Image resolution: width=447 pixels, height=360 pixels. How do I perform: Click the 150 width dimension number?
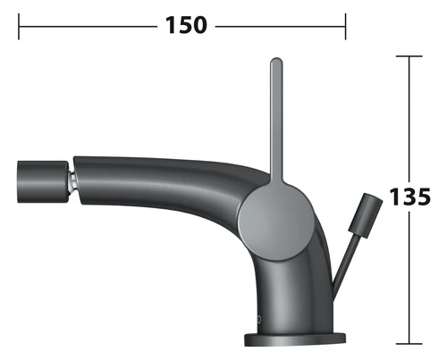186,25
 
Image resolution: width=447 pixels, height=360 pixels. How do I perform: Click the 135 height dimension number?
410,197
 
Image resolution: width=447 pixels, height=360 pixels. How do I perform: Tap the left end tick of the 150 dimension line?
19,27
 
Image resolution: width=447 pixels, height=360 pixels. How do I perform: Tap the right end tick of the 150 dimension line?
346,27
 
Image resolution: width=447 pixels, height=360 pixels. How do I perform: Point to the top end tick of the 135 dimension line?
409,56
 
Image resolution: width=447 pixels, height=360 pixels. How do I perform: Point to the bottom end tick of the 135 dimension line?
409,344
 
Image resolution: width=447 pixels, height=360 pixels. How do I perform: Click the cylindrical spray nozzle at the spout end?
43,182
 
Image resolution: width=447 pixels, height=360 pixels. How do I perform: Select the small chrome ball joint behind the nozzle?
72,182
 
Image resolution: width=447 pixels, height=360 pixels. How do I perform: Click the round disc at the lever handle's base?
276,222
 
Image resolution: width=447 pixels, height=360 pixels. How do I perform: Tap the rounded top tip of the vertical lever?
276,60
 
